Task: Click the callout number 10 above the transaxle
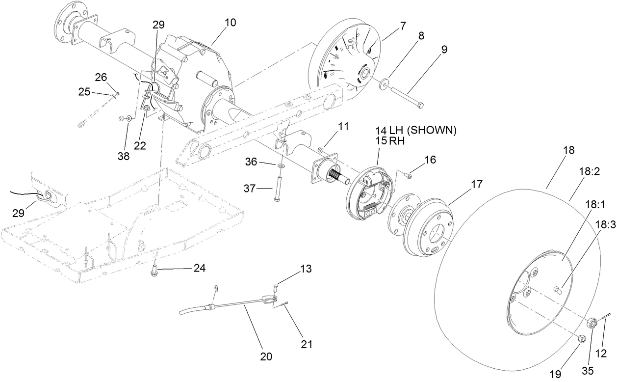(230, 23)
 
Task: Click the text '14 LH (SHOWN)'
(416, 131)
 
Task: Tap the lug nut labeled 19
(581, 338)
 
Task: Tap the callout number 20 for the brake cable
(266, 356)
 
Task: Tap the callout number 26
(101, 77)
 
